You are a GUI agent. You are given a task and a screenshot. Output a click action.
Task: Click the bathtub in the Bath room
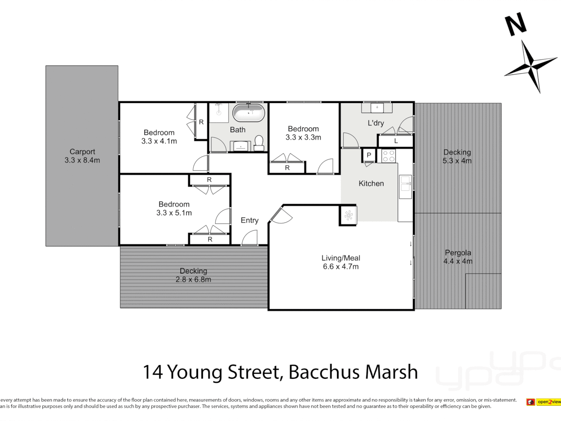(249, 113)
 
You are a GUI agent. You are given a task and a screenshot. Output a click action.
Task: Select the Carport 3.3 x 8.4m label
(82, 156)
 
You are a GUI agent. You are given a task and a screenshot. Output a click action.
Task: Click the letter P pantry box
(369, 155)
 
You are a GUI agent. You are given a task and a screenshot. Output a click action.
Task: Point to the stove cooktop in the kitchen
(388, 156)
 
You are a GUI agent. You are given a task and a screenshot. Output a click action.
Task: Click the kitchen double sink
(405, 184)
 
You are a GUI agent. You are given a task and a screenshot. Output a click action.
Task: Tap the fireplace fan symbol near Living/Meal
(348, 215)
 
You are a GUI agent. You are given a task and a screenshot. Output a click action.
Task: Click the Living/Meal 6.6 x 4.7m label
(340, 262)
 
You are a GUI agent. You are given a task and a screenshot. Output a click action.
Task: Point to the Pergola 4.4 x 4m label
(458, 257)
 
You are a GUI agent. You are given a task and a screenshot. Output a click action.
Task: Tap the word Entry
(249, 221)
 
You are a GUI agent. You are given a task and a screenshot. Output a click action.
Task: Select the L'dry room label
(376, 123)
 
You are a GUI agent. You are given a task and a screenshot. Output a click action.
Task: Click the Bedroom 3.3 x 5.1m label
(174, 209)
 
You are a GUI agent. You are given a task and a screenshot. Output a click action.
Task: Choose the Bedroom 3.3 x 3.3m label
(303, 133)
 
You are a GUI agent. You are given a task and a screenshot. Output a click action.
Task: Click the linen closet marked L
(395, 141)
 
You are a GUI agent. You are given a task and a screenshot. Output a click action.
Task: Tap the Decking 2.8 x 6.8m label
(193, 275)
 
